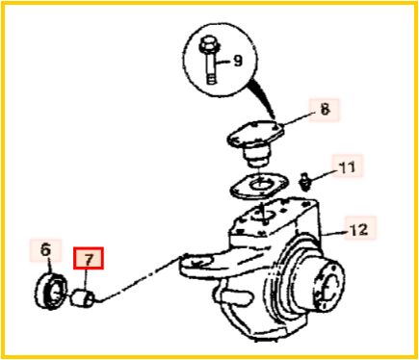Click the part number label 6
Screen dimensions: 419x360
pos(46,249)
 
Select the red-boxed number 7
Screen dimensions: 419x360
pos(89,258)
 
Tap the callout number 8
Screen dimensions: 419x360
pos(325,110)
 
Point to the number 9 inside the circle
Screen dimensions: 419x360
pos(238,61)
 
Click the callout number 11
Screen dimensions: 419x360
pos(348,167)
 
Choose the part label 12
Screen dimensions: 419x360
pos(359,229)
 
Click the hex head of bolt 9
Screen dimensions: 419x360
pos(208,46)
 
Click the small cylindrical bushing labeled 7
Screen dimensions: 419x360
pos(83,297)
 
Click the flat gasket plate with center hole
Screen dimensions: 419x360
pos(259,186)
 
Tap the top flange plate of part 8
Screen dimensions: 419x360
pos(255,134)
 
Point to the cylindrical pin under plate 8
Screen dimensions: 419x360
pos(255,156)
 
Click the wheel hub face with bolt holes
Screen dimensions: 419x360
pos(330,287)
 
